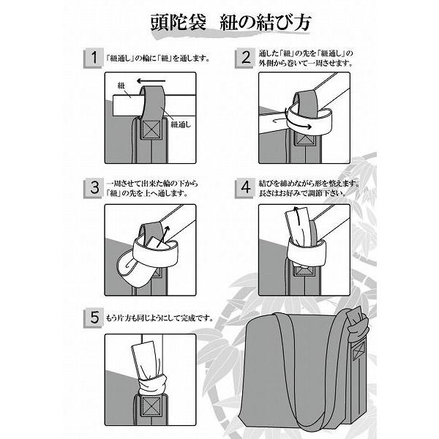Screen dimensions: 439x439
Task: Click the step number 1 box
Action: pyautogui.click(x=94, y=59)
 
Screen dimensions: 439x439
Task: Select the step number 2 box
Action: pyautogui.click(x=245, y=58)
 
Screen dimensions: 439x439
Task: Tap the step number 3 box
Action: pyautogui.click(x=94, y=189)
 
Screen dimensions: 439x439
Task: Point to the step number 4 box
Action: pyautogui.click(x=245, y=188)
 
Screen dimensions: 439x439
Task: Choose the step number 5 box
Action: pyautogui.click(x=94, y=318)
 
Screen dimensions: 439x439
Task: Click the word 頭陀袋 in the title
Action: pyautogui.click(x=179, y=22)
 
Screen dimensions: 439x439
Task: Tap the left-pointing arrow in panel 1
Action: pyautogui.click(x=151, y=81)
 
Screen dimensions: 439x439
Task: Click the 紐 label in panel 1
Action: pyautogui.click(x=121, y=86)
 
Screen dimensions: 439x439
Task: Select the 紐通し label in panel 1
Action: pyautogui.click(x=181, y=124)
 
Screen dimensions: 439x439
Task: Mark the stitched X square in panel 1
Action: pyautogui.click(x=151, y=130)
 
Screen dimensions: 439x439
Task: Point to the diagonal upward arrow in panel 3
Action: pyautogui.click(x=163, y=236)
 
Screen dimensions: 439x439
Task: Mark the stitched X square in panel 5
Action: pyautogui.click(x=151, y=405)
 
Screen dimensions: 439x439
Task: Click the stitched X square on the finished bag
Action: pyautogui.click(x=359, y=350)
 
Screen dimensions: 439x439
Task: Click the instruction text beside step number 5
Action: pyautogui.click(x=160, y=318)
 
